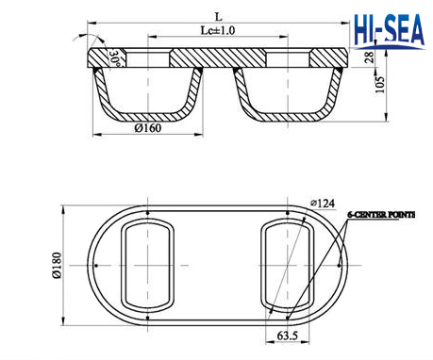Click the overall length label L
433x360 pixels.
click(218, 17)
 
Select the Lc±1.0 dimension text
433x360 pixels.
click(218, 30)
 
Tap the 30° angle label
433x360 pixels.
click(114, 58)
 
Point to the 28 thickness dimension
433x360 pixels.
click(370, 57)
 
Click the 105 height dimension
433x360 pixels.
click(380, 85)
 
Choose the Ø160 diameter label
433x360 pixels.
click(148, 128)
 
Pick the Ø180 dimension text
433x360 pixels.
click(57, 266)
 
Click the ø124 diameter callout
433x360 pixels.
click(323, 204)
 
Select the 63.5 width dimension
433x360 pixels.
click(288, 335)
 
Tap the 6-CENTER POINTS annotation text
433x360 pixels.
click(381, 215)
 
